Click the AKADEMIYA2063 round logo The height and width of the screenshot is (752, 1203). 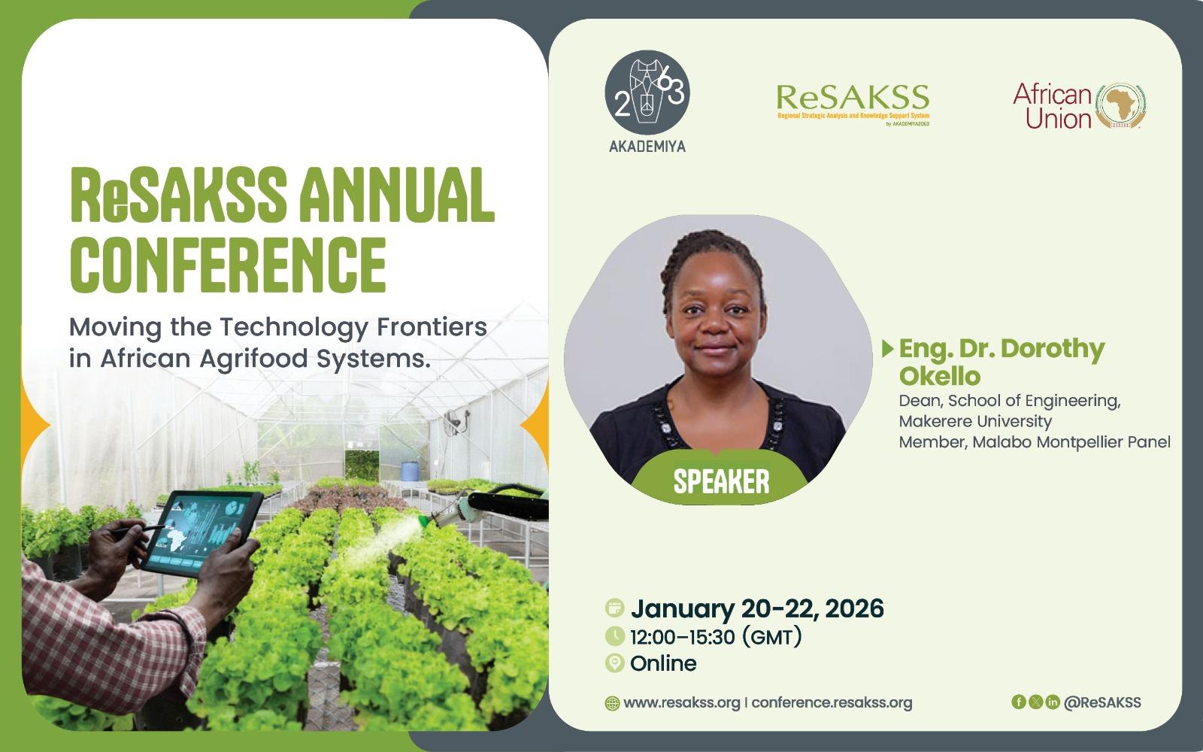click(647, 92)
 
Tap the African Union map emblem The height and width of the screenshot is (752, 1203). click(1120, 106)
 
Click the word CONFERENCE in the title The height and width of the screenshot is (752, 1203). click(229, 265)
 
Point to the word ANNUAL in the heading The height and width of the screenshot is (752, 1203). click(396, 195)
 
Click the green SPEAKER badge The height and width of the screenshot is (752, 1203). click(721, 480)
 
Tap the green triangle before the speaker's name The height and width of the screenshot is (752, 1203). click(888, 349)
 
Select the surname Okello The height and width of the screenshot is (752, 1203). click(940, 376)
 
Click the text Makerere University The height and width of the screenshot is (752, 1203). click(975, 421)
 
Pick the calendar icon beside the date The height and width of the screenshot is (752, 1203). click(614, 608)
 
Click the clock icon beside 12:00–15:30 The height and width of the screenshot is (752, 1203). click(614, 636)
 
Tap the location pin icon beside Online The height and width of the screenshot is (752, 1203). click(614, 663)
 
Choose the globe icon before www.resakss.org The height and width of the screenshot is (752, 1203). click(612, 703)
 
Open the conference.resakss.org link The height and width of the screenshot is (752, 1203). click(832, 702)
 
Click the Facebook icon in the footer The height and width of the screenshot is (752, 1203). click(1018, 702)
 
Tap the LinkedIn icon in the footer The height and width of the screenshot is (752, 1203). click(1053, 702)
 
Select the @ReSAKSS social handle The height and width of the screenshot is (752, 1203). click(1102, 702)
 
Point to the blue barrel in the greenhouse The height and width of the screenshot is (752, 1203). click(409, 471)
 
